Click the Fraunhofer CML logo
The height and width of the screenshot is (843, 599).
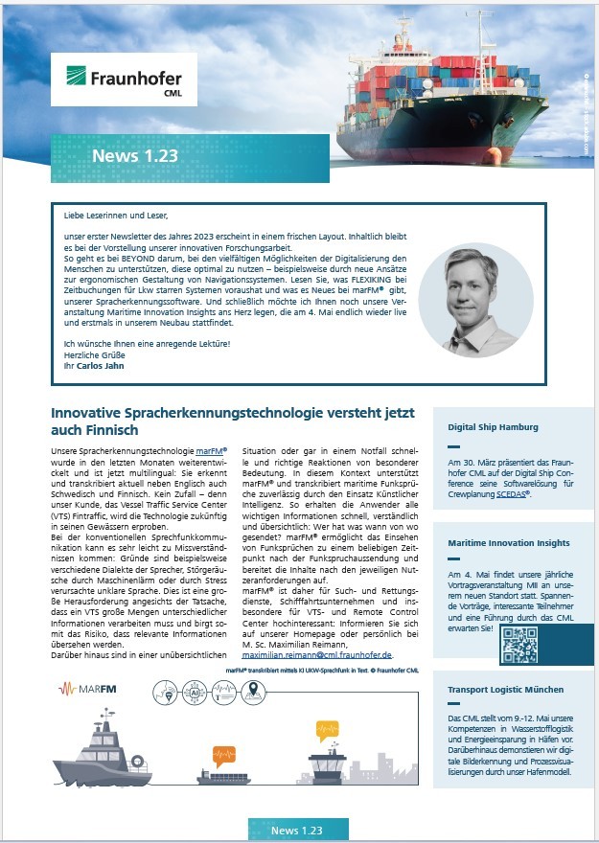click(131, 79)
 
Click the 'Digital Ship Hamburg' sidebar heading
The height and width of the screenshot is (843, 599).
click(493, 426)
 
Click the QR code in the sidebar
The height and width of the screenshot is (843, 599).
click(519, 647)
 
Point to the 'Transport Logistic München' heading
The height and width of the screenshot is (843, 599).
click(505, 689)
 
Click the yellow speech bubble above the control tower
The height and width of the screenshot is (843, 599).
click(329, 731)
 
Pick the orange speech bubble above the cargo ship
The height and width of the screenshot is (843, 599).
click(224, 754)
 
